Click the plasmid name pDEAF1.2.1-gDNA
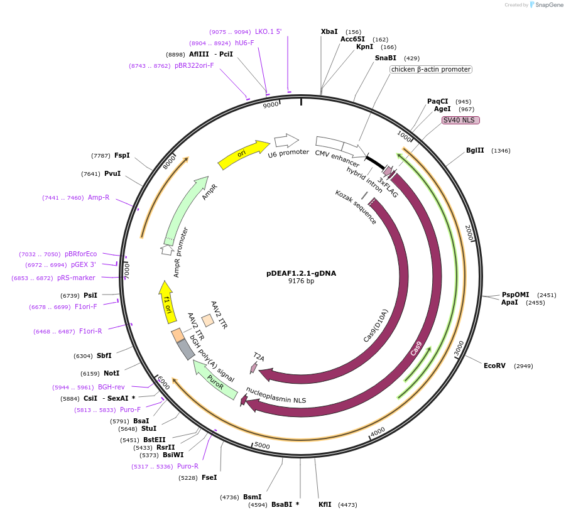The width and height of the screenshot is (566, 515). pos(301,273)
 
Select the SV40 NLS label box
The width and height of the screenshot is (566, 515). pos(460,120)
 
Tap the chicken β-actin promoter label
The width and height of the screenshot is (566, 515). pos(430,69)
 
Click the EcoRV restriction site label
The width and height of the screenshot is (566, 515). pos(494,366)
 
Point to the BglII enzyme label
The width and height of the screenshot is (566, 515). pos(475,151)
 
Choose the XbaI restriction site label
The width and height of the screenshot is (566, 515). pos(329,31)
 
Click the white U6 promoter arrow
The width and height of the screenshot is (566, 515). pos(286,140)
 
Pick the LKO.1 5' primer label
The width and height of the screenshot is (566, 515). pos(268,31)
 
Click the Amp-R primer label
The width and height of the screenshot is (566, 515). pos(99,197)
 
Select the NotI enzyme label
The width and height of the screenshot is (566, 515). pos(111,373)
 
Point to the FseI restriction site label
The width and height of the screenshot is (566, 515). pos(209,477)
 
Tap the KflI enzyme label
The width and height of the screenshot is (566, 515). pos(325,504)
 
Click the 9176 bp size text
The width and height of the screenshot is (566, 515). pos(301,281)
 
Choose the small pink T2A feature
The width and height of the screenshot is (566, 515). pos(254,367)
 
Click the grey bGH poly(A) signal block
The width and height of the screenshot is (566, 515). pos(186,349)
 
